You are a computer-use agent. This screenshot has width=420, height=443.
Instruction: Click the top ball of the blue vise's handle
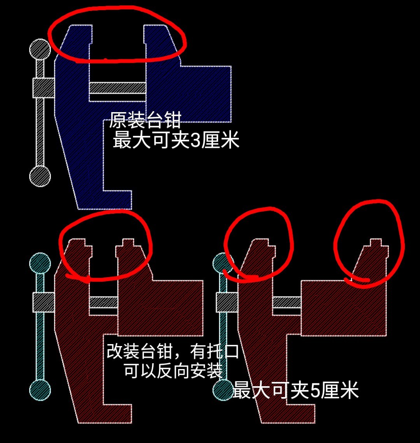(40, 50)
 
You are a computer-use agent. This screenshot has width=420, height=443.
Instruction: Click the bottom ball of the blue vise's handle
(40, 176)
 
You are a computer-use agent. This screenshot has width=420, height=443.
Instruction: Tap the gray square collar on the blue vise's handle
(43, 88)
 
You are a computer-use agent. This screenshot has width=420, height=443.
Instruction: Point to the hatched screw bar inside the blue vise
(117, 88)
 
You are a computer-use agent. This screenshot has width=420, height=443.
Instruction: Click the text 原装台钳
(145, 120)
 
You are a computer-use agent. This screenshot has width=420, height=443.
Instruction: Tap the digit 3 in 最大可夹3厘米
(196, 141)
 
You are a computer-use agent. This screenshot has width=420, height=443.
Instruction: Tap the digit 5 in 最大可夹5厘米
(315, 391)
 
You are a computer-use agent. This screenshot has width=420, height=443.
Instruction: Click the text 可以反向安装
(173, 371)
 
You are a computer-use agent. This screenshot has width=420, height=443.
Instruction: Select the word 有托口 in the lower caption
(214, 353)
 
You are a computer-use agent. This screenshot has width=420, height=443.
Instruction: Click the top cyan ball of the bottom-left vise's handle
(40, 263)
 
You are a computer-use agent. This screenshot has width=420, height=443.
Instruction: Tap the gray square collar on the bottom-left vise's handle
(43, 302)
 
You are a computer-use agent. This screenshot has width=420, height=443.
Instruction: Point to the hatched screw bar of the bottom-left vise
(103, 302)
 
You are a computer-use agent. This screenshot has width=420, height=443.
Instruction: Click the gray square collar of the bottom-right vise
(226, 302)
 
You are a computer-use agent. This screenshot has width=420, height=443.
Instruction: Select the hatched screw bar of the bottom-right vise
(287, 302)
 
